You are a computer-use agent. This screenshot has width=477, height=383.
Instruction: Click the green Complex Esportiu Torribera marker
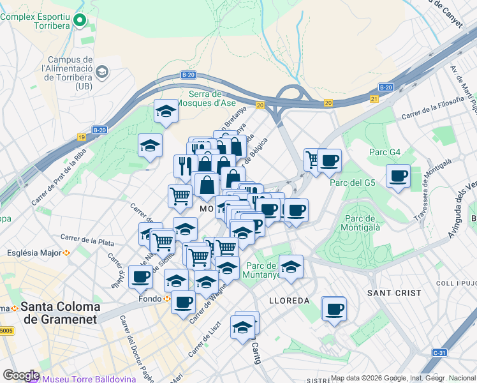(x=79, y=21)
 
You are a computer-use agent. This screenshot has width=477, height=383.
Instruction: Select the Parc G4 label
(x=385, y=152)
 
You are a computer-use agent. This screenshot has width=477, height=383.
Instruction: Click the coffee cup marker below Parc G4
(x=398, y=176)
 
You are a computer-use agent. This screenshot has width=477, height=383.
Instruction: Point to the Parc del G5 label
(x=353, y=183)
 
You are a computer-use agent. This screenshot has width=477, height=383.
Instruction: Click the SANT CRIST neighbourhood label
(x=394, y=292)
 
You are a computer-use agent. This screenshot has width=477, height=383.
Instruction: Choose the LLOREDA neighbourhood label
(x=289, y=300)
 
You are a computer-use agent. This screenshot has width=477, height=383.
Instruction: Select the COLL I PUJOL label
(x=456, y=283)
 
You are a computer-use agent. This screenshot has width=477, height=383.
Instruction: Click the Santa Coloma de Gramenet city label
(x=61, y=312)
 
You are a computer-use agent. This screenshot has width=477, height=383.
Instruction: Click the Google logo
(x=20, y=375)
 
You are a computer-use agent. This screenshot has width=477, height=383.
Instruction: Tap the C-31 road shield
(x=439, y=352)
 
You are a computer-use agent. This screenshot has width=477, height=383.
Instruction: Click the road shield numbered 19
(x=82, y=137)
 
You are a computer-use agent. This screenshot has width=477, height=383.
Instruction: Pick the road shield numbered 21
(x=374, y=98)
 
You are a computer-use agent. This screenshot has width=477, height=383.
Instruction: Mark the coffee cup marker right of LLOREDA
(x=334, y=310)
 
